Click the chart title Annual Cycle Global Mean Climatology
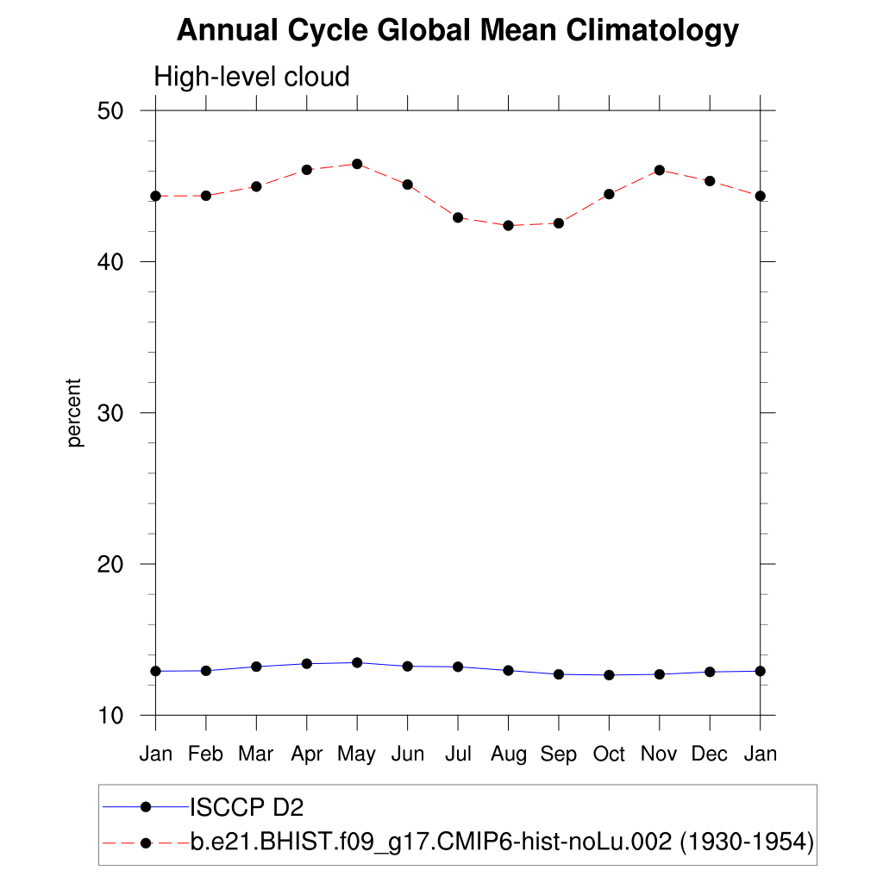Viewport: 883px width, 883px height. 458,31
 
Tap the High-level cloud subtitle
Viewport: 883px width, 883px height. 252,77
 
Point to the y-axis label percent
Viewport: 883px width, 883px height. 75,412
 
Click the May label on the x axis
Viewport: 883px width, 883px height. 356,755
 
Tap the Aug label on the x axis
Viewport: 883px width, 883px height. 508,755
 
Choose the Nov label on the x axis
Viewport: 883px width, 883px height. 660,755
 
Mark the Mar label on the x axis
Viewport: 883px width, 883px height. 255,755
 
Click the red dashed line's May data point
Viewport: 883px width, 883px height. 357,164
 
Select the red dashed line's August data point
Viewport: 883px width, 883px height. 508,225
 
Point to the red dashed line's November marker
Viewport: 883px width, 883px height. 660,170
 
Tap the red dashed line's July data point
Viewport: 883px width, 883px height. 458,217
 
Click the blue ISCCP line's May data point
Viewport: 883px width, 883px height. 357,662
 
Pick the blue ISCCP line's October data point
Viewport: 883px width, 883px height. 609,675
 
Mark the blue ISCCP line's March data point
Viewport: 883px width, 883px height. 256,667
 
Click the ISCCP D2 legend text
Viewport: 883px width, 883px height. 247,807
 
